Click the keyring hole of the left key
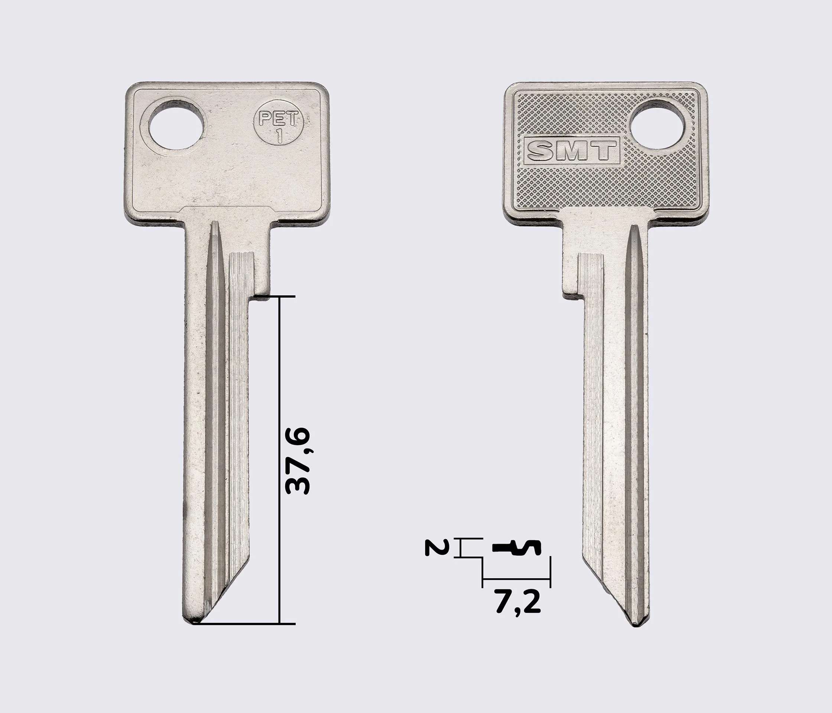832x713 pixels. (176, 127)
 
